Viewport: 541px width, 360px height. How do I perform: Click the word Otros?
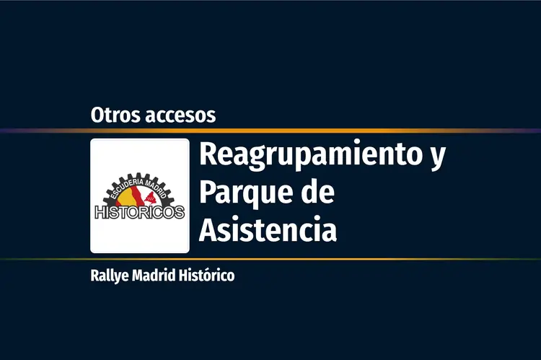[115, 115]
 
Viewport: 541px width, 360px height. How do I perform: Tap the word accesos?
[180, 116]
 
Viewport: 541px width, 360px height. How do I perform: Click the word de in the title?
[318, 191]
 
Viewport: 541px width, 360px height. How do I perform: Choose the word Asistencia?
[268, 229]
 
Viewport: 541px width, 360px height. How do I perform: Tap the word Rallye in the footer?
[110, 276]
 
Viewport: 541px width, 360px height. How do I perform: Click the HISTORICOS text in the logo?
[140, 212]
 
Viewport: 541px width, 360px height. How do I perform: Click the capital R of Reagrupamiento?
[208, 154]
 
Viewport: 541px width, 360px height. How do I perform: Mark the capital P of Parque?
[208, 192]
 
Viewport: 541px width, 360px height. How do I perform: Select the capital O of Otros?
[98, 115]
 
